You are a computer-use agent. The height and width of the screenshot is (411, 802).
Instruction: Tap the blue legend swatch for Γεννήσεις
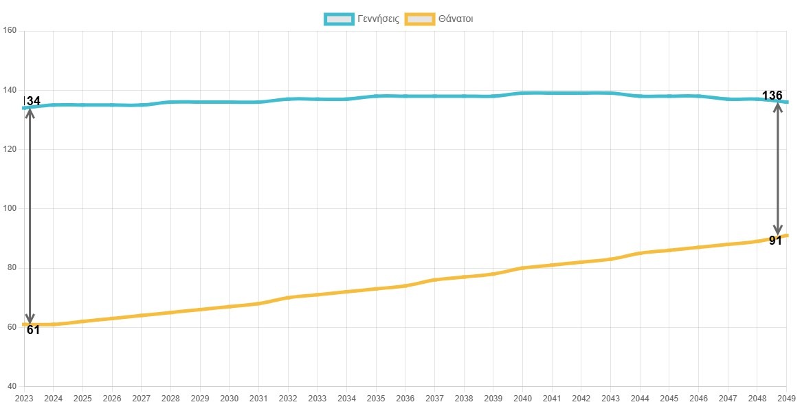339,19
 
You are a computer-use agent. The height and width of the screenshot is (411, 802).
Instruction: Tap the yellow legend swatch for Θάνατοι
420,19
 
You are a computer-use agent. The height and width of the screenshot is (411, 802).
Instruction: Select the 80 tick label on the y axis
11,268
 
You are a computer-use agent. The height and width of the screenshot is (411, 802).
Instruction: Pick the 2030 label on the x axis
230,399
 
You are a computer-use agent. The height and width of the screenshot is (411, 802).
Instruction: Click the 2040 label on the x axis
523,399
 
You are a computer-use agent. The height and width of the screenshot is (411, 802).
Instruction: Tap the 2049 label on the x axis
788,399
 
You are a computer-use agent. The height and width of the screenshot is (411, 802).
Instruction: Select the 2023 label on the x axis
24,399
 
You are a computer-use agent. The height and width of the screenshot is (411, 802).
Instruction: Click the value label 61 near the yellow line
33,330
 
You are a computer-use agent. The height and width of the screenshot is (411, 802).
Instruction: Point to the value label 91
775,241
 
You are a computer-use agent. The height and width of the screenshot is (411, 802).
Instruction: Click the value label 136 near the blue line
772,95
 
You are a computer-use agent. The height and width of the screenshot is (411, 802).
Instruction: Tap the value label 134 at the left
32,101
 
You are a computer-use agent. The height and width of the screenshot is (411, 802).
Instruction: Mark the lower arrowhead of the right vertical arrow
778,231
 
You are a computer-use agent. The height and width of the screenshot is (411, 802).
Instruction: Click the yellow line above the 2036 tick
405,285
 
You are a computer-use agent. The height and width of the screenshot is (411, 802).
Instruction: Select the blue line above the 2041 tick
553,93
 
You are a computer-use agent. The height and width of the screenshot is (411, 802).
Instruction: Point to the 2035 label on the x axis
377,399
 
